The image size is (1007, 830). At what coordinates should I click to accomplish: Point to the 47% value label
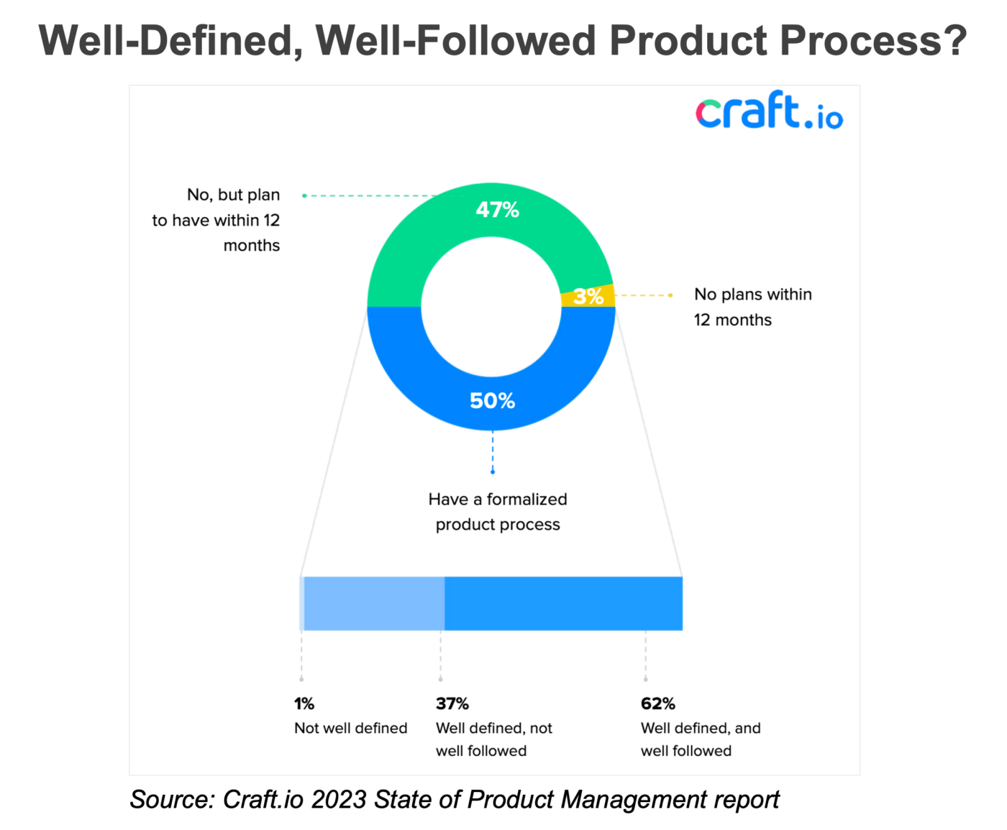[497, 210]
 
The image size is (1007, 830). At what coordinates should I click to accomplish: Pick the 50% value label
[492, 401]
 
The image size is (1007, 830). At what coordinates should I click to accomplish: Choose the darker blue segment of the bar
[563, 604]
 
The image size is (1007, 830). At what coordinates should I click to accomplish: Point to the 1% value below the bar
[304, 704]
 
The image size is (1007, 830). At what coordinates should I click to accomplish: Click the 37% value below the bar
[452, 704]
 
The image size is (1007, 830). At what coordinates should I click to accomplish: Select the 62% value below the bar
[657, 704]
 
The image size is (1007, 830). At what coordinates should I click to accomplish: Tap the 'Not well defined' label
[351, 728]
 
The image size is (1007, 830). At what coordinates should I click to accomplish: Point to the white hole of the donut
[491, 307]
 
